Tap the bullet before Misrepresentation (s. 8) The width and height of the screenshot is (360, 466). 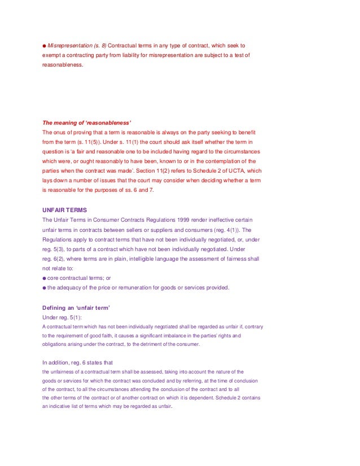click(45, 45)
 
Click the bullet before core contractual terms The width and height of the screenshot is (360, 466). click(45, 278)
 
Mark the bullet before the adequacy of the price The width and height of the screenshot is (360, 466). click(45, 288)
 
